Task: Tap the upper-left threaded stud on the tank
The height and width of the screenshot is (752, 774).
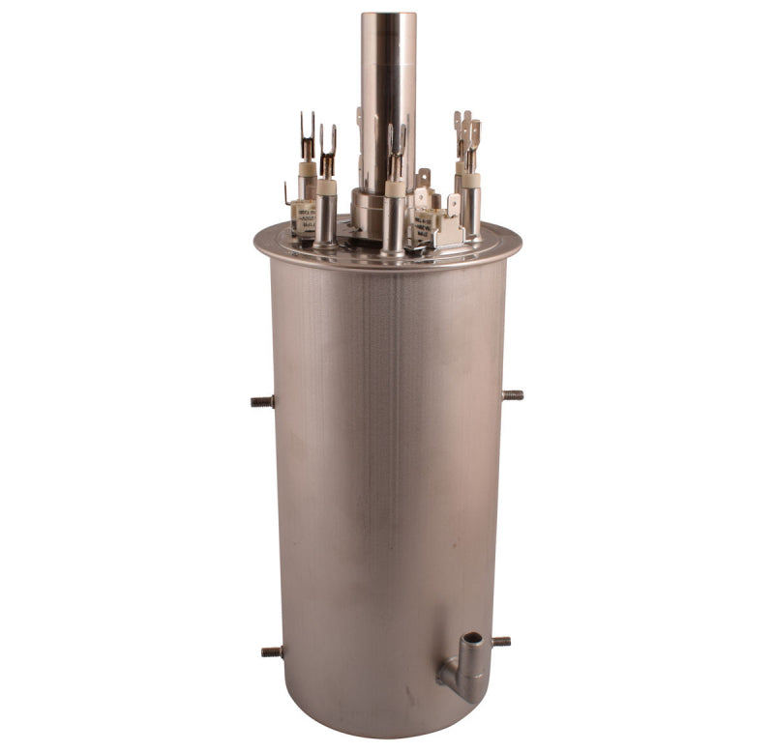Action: tap(262, 401)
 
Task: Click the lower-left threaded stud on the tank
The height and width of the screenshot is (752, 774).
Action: tap(272, 651)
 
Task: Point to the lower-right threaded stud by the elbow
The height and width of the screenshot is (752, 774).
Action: tap(500, 641)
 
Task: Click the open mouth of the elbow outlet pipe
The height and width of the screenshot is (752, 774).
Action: tap(471, 640)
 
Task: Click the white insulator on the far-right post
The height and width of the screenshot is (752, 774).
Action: tap(470, 180)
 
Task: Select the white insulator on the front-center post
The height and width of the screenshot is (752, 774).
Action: tap(395, 188)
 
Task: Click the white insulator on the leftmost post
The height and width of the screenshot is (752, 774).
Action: tap(307, 169)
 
